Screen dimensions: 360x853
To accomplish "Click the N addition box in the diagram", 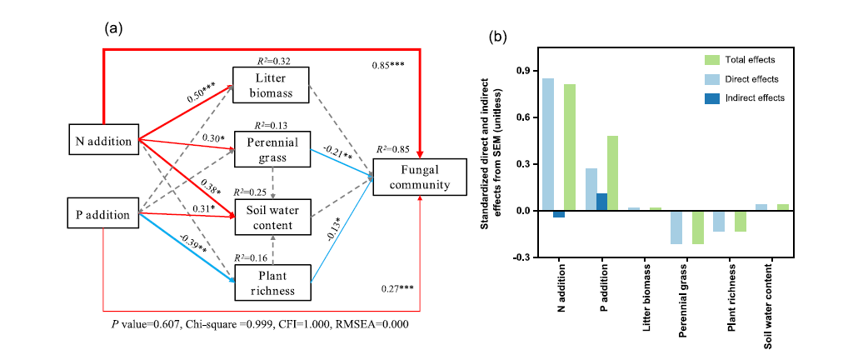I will pos(102,141).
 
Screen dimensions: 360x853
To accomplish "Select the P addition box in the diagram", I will pos(102,214).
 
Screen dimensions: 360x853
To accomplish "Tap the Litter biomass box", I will pos(272,84).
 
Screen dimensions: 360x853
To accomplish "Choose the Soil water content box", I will pos(272,215).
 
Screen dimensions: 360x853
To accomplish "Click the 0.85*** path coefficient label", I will pos(388,65).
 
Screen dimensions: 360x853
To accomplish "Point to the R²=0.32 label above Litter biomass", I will pos(272,61).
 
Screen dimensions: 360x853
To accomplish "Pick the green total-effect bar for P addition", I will pos(612,173).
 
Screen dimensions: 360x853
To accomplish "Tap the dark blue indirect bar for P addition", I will pos(601,202).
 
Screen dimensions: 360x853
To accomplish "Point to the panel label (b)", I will pos(496,37).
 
